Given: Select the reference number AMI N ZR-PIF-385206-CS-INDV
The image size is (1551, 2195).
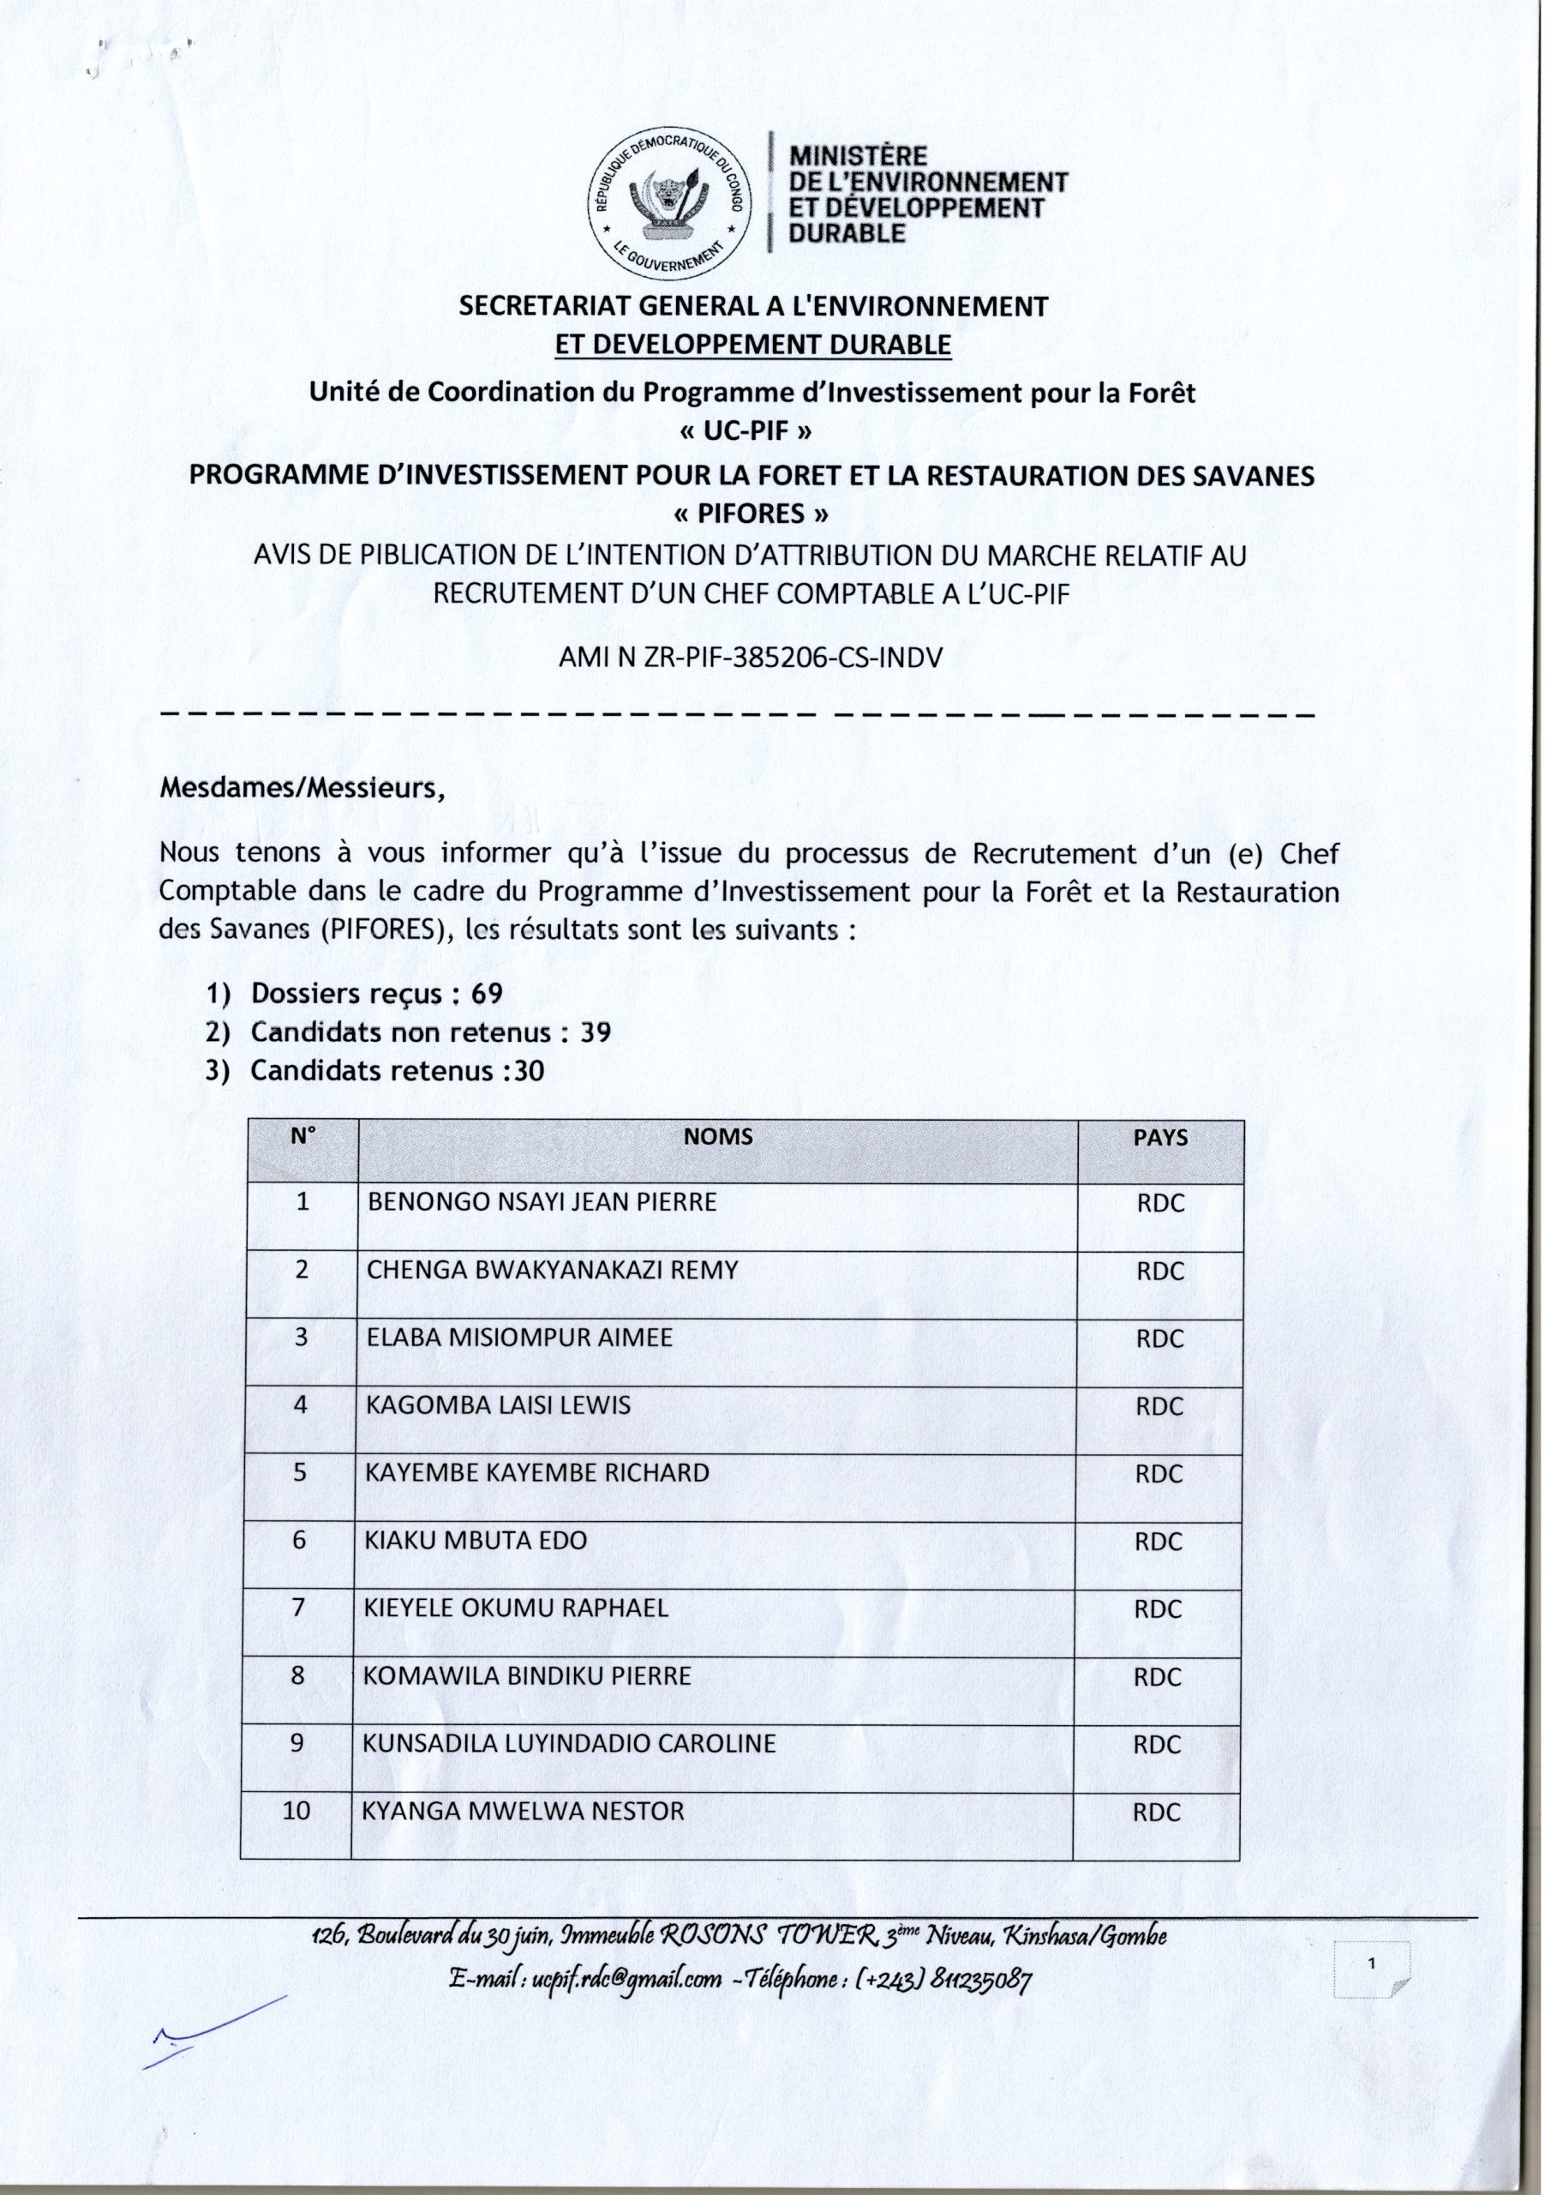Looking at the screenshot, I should coord(750,658).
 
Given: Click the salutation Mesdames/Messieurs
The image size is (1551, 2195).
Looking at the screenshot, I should coord(302,790).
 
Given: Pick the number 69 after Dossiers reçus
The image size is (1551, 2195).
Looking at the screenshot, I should coord(486,995).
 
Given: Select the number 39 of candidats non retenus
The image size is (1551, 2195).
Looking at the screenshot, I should coord(595,1032).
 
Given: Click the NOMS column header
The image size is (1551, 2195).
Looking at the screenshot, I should coord(718,1137).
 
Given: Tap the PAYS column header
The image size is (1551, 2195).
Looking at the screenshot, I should coord(1161,1138).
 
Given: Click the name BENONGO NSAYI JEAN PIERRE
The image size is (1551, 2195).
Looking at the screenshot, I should coord(542,1203).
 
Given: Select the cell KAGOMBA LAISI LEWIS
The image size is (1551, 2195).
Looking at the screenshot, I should coord(499,1405).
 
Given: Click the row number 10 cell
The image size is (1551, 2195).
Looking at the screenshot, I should coord(297,1811).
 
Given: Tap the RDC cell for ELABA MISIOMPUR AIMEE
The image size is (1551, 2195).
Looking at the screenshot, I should coord(1160,1339).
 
